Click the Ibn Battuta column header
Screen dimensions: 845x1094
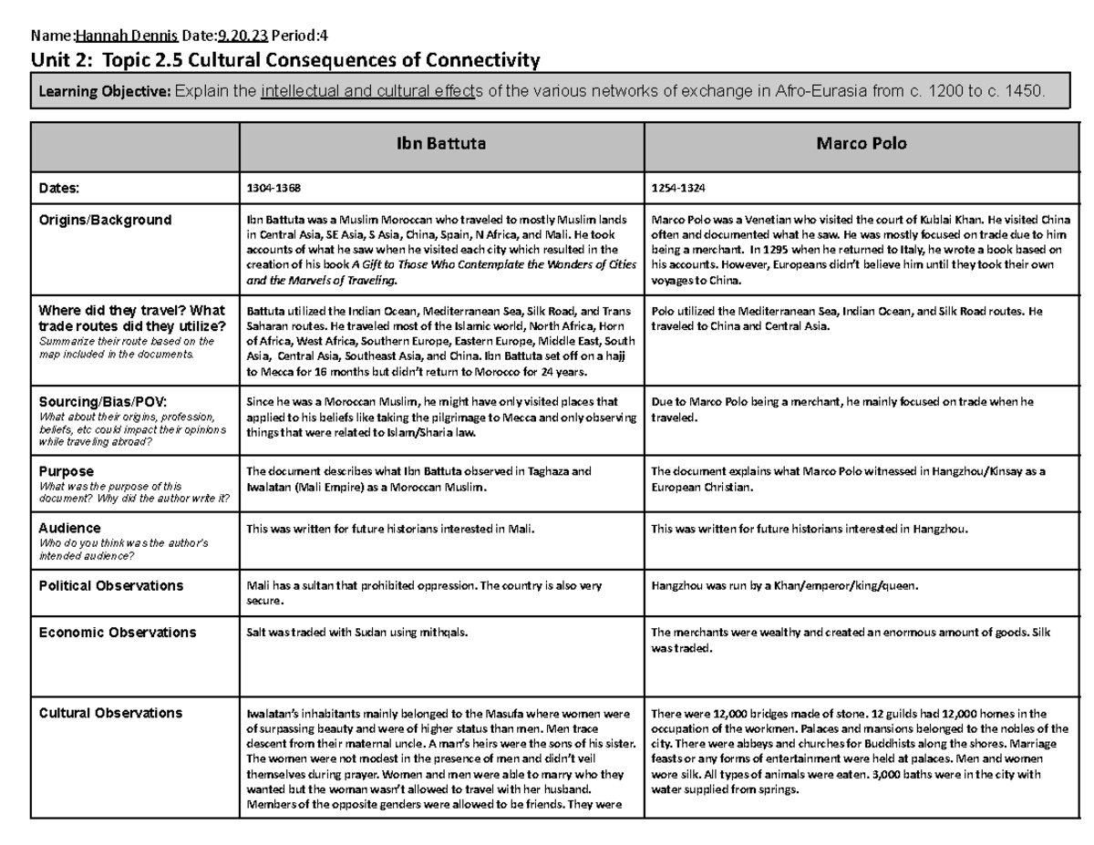coord(441,144)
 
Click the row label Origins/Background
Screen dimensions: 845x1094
coord(104,220)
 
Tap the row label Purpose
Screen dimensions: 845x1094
coord(66,471)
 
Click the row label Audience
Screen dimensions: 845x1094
coord(69,528)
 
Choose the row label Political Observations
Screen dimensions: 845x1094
coord(110,585)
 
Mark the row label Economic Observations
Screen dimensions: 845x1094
coord(117,632)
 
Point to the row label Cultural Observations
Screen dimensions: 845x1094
coord(110,713)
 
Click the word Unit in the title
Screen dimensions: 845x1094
coord(52,61)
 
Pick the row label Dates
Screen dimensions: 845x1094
coord(59,188)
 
